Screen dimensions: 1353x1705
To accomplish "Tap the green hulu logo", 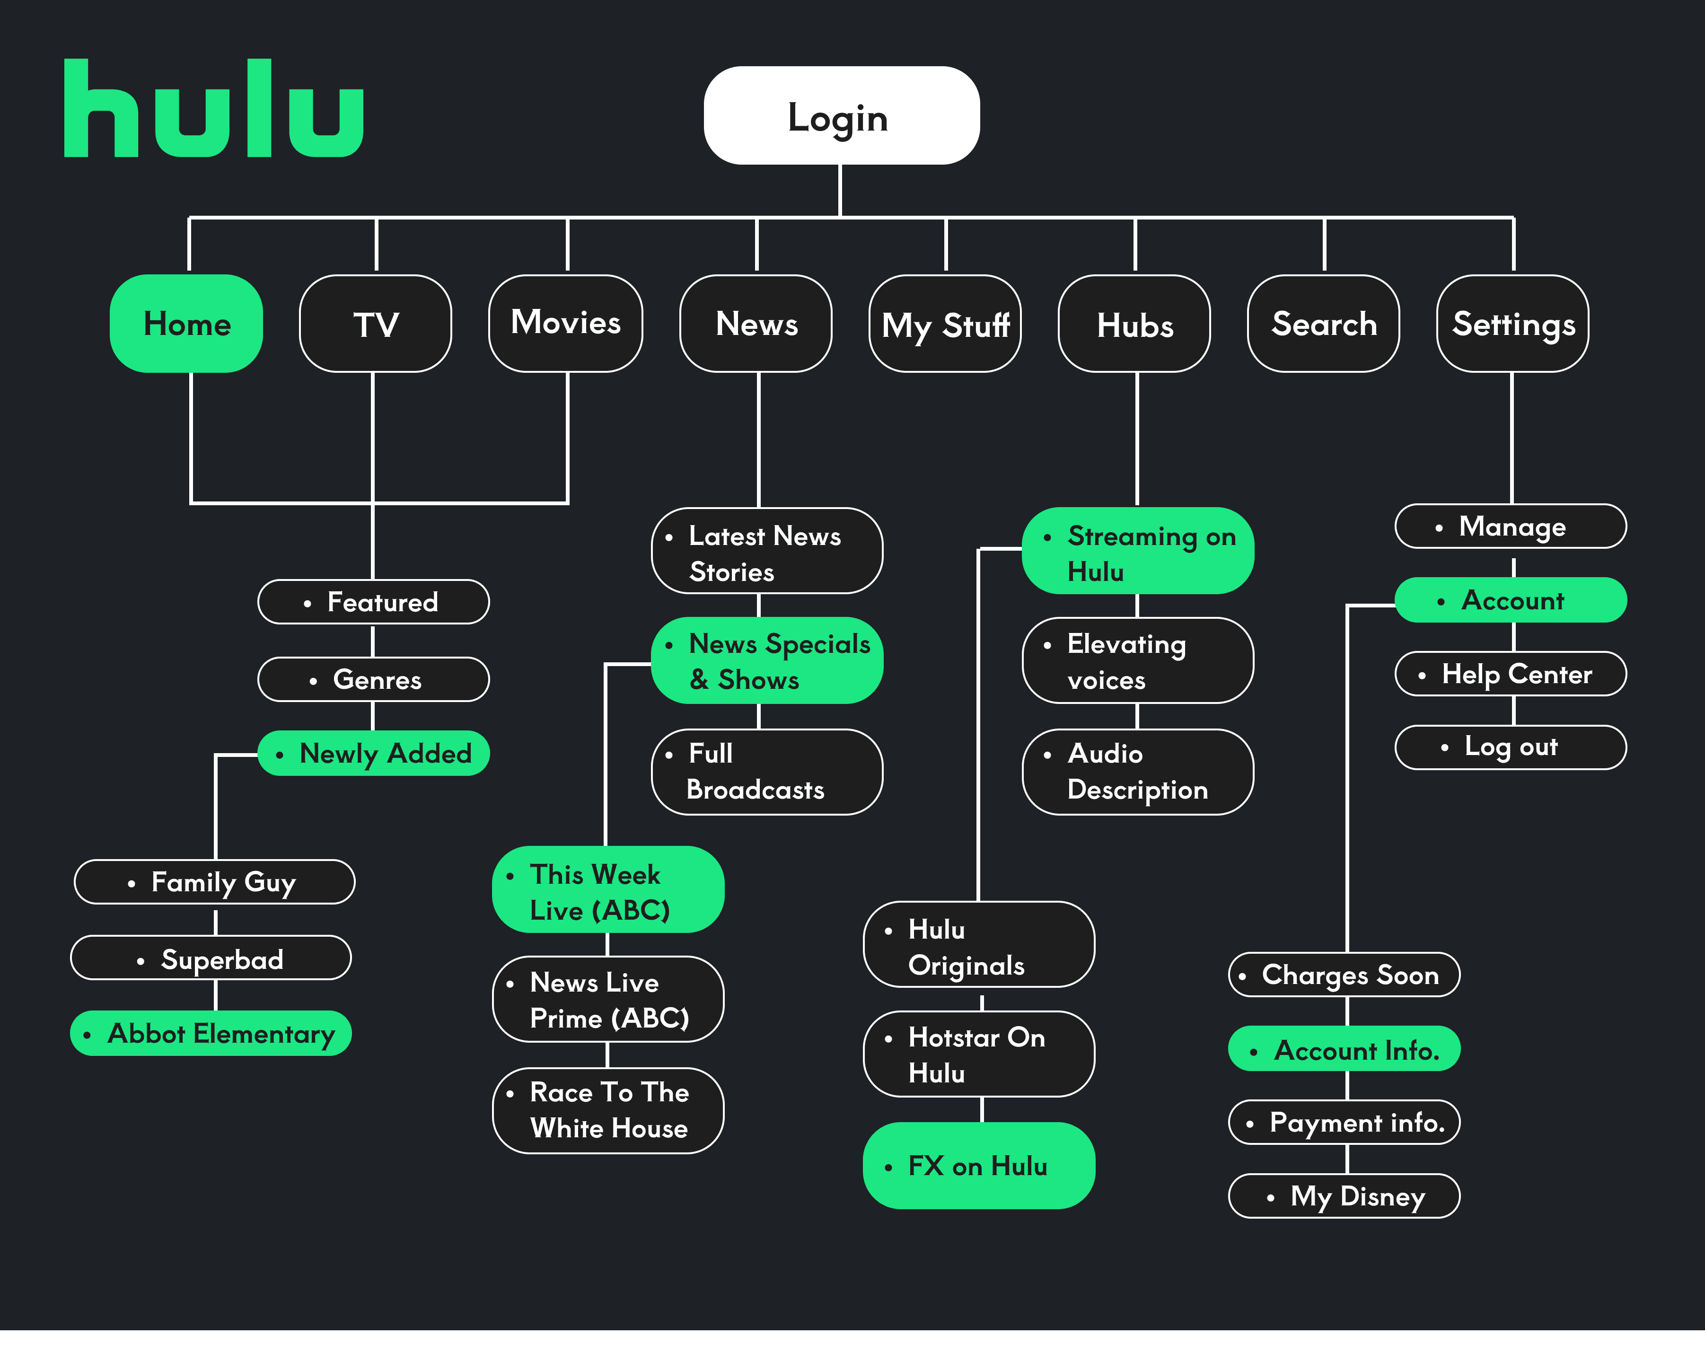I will pyautogui.click(x=213, y=108).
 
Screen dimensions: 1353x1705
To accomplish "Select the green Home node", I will pyautogui.click(x=187, y=324).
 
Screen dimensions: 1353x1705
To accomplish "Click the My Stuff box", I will pyautogui.click(x=945, y=324).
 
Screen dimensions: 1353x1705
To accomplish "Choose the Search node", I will pyautogui.click(x=1323, y=324).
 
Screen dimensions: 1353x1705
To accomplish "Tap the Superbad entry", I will pyautogui.click(x=211, y=958).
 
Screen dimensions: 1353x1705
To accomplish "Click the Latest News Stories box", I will pyautogui.click(x=766, y=551).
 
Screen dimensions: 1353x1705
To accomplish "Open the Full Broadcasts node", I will pyautogui.click(x=766, y=772).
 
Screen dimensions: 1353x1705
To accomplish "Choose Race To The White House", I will pyautogui.click(x=607, y=1110).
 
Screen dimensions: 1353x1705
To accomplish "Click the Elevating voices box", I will pyautogui.click(x=1137, y=661).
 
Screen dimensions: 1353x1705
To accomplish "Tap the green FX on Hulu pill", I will pyautogui.click(x=978, y=1166).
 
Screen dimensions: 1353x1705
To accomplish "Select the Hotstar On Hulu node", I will pyautogui.click(x=978, y=1054).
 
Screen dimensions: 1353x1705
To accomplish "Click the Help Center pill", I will pyautogui.click(x=1511, y=674).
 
